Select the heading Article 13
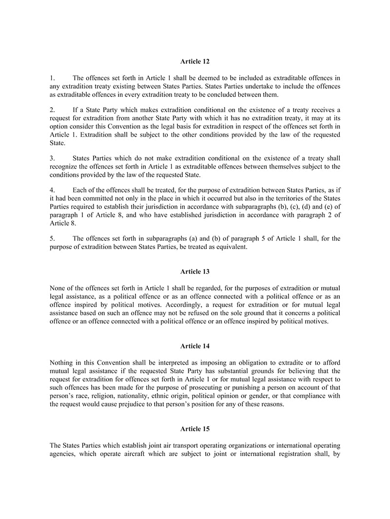[x=195, y=271]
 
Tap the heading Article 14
[x=195, y=346]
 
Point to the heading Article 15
[x=195, y=429]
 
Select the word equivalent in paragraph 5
[x=232, y=247]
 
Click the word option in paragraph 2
[x=60, y=126]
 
